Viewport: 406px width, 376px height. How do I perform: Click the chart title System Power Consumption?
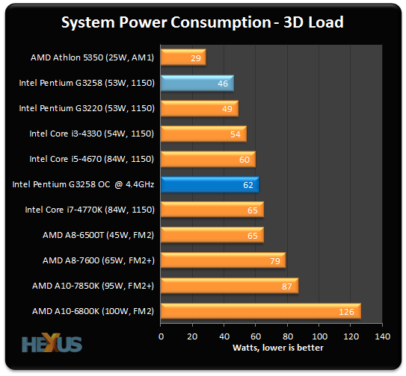(x=202, y=22)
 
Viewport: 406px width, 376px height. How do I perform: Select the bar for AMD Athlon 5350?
(x=182, y=57)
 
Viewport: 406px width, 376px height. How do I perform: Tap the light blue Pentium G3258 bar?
(x=197, y=83)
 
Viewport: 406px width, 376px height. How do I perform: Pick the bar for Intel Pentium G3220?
(x=199, y=108)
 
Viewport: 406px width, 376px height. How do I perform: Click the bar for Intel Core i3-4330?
(x=203, y=134)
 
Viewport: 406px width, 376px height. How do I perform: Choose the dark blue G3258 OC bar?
(x=209, y=184)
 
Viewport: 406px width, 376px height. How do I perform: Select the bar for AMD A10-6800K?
(x=260, y=311)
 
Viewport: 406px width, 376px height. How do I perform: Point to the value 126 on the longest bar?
(x=346, y=312)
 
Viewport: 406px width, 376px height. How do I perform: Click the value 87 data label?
(x=286, y=286)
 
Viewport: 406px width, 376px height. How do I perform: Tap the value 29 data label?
(x=195, y=58)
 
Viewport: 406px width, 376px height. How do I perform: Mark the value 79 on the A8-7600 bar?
(x=274, y=261)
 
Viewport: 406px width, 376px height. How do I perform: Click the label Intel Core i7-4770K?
(x=89, y=210)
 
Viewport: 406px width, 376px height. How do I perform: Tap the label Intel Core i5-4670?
(x=91, y=159)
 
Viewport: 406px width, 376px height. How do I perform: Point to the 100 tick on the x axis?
(x=319, y=336)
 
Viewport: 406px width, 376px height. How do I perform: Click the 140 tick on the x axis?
(x=383, y=336)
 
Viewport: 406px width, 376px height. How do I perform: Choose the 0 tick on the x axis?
(x=161, y=336)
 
